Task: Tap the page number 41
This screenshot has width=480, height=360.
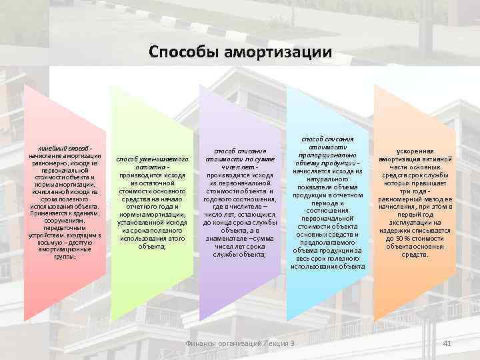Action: pyautogui.click(x=447, y=343)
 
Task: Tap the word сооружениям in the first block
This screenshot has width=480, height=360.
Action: pyautogui.click(x=64, y=221)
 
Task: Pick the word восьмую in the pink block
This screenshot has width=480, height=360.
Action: pyautogui.click(x=51, y=243)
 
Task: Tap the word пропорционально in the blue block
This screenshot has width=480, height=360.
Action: pyautogui.click(x=327, y=155)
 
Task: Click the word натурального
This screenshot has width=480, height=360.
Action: pyautogui.click(x=327, y=179)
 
